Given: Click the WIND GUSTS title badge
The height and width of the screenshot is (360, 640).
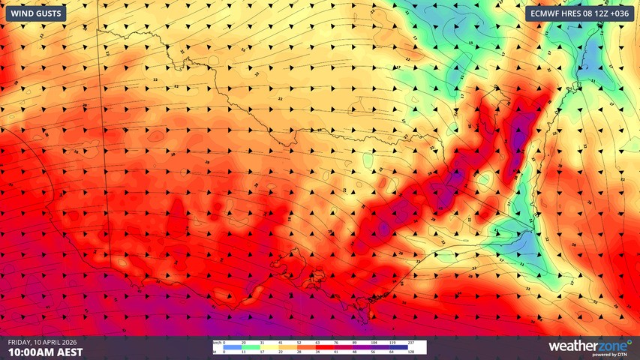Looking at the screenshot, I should (x=35, y=13).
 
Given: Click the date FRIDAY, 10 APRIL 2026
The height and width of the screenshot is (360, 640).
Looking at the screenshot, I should (x=42, y=341).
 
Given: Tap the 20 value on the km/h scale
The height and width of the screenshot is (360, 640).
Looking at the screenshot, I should (x=242, y=343).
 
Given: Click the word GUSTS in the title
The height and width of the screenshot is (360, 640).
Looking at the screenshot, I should (x=50, y=13).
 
